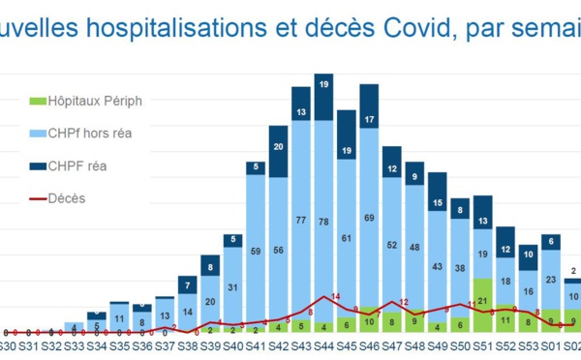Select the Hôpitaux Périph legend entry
click(93, 100)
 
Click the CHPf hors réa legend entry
click(91, 133)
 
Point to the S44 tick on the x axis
click(323, 345)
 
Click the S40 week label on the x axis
click(232, 345)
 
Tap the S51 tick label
click(482, 345)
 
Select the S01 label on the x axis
click(550, 345)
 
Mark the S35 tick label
click(120, 345)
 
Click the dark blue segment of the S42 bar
click(278, 147)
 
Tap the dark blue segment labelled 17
click(369, 120)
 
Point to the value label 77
click(301, 221)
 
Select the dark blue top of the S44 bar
click(323, 86)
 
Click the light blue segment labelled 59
click(256, 252)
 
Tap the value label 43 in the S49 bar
click(437, 266)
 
